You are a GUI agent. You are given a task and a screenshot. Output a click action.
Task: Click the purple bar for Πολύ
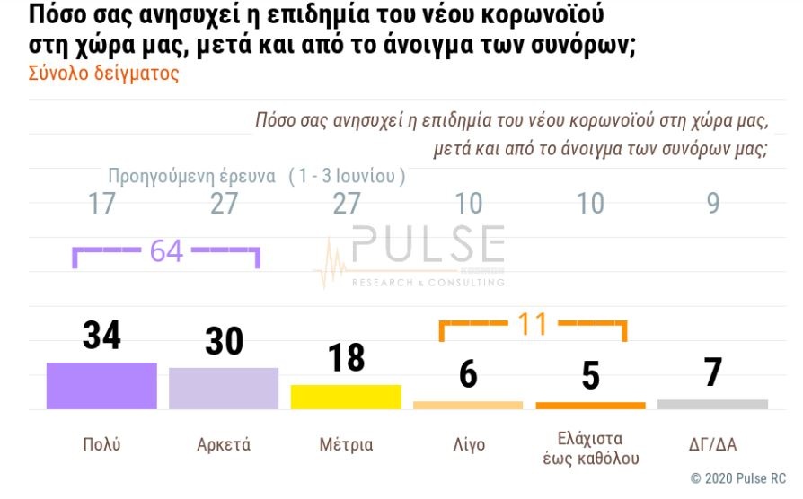click(101, 386)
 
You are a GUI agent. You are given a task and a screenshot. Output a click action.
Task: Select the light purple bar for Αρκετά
click(224, 389)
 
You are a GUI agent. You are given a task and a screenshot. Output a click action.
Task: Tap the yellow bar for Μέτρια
click(346, 397)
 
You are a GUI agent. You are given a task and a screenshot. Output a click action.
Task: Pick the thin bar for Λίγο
click(468, 406)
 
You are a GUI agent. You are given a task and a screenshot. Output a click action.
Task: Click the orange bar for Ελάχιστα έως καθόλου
click(590, 406)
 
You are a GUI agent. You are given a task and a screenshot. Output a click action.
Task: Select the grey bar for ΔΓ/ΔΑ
click(712, 405)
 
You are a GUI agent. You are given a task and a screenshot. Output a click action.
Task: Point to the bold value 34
click(101, 336)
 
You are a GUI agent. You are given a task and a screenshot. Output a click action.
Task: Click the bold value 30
click(224, 341)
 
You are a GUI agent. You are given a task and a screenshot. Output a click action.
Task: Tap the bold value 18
click(346, 357)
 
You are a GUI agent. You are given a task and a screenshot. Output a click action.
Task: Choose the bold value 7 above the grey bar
click(713, 372)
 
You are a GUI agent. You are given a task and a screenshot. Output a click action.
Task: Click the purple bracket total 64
click(166, 252)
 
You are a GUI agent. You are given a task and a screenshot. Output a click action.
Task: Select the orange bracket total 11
click(533, 324)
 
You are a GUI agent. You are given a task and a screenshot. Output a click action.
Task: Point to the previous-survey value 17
click(101, 205)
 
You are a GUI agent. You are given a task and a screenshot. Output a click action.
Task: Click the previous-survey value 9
click(713, 205)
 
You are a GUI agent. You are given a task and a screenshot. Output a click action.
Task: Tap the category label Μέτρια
click(346, 444)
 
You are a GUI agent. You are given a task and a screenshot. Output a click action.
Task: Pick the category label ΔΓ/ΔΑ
click(712, 444)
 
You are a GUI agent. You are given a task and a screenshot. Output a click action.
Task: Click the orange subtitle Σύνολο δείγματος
click(104, 74)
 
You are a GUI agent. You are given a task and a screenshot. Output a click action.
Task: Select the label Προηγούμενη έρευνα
click(191, 176)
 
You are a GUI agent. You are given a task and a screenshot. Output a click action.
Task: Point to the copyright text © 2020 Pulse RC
click(737, 479)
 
